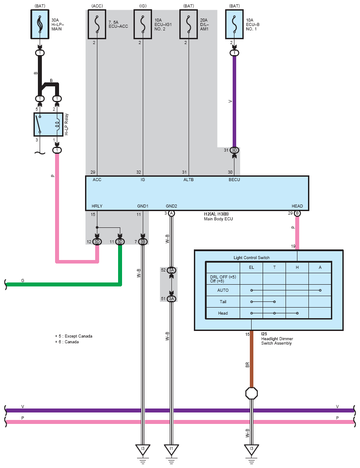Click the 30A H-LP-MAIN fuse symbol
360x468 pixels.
(x=40, y=24)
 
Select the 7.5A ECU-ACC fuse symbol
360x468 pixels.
(x=97, y=24)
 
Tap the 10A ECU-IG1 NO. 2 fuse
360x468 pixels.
(x=143, y=24)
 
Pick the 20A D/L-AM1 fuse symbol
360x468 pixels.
(x=189, y=24)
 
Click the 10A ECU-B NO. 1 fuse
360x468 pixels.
(x=234, y=24)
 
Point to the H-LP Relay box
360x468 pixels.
(x=48, y=124)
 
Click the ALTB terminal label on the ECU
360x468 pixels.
(x=188, y=180)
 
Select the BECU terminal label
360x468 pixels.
(x=234, y=180)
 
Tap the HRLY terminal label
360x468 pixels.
(x=97, y=206)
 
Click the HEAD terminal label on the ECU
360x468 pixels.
(x=297, y=206)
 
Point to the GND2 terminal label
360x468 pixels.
(x=171, y=206)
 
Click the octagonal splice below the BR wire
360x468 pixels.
(x=251, y=394)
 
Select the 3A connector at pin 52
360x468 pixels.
(x=171, y=270)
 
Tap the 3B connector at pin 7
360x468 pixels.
(x=143, y=241)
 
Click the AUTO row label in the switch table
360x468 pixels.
(x=223, y=290)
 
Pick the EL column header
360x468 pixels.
(x=251, y=267)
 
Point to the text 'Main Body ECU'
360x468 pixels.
(x=218, y=219)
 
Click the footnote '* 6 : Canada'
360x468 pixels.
(x=67, y=342)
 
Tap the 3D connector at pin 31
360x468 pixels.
(x=234, y=150)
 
